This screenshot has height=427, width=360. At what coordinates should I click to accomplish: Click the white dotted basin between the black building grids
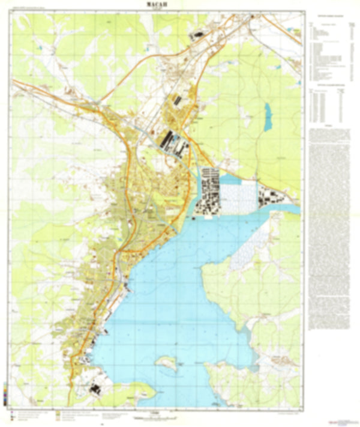tap(239, 196)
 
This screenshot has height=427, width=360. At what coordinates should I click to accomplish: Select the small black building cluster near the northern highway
tap(194, 37)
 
